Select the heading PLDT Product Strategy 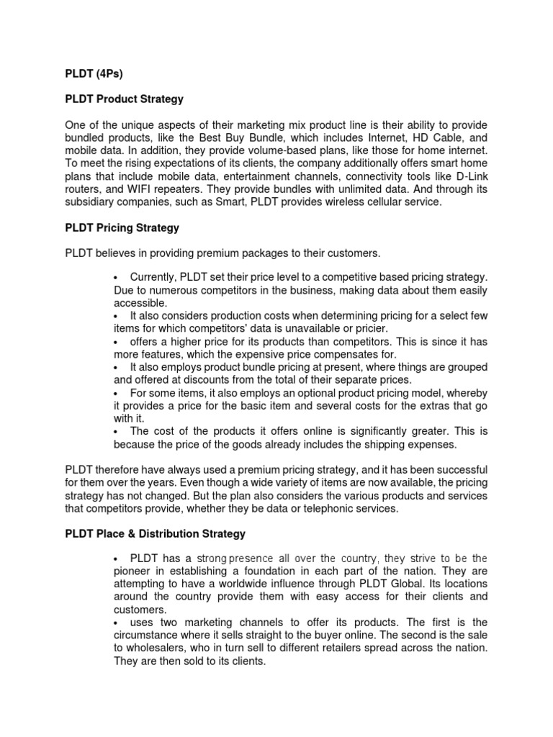click(124, 99)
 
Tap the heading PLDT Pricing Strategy click(122, 227)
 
